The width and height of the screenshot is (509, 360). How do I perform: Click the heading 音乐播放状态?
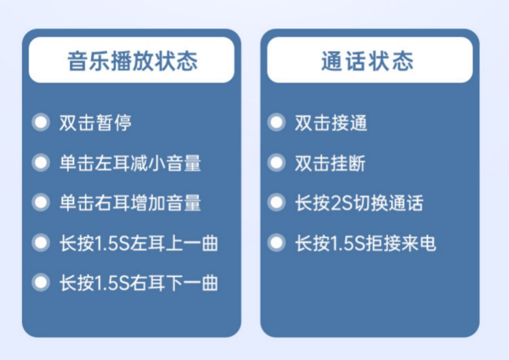coord(132,61)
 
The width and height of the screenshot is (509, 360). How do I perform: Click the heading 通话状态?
coord(367,61)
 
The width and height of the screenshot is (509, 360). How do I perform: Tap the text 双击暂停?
coord(95,123)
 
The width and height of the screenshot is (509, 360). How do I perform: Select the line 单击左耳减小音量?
coord(130,163)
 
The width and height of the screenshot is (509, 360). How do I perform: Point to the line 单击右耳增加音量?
coord(130,203)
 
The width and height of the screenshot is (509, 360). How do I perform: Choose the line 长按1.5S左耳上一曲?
coord(138,243)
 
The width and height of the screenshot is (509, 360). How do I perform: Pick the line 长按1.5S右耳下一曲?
coord(138,283)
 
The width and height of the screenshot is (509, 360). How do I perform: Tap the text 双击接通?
coord(331,123)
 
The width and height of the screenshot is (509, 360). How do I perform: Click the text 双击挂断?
coord(330,163)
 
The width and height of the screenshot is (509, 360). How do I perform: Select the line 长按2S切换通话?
coord(359,203)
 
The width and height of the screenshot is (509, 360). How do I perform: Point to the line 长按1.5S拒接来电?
coord(366,243)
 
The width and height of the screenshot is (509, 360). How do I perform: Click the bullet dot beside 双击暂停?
coord(41,123)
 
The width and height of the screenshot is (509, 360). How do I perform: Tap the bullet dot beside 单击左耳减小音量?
coord(41,162)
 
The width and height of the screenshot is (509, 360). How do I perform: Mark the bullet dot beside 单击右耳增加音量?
coord(41,203)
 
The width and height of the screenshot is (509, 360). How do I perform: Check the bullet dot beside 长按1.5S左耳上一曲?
coord(41,242)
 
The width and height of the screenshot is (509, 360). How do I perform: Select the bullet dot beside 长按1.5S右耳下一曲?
coord(41,283)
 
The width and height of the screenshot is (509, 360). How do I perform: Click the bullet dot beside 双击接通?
coord(276,123)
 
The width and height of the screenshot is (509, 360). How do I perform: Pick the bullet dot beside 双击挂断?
coord(276,162)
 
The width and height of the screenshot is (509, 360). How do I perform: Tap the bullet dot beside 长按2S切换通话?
coord(276,203)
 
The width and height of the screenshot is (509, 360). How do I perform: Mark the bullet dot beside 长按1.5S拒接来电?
coord(276,242)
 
